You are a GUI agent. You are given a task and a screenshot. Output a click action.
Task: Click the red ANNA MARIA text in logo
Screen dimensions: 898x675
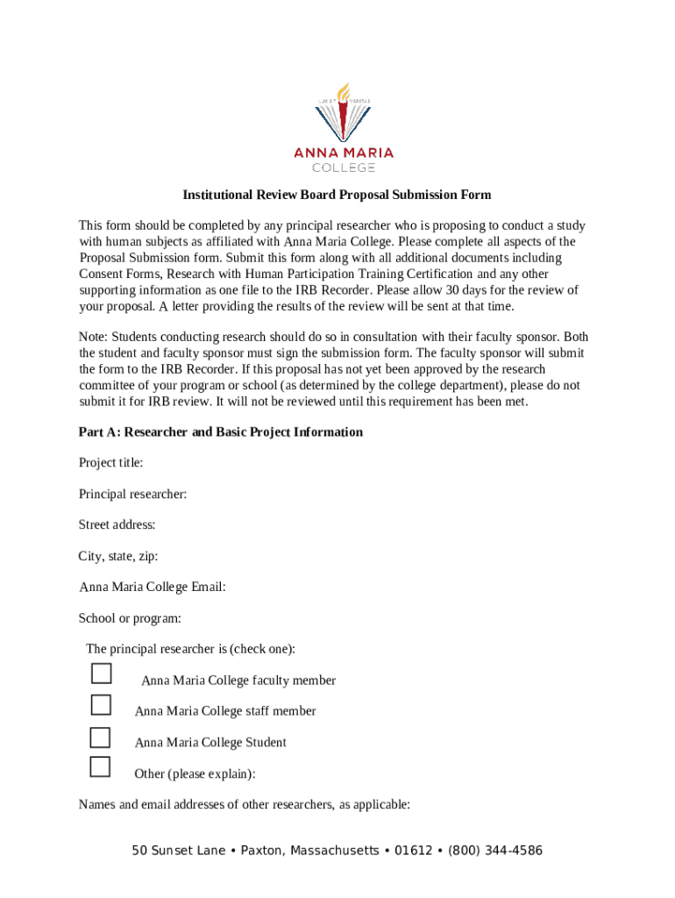tap(344, 153)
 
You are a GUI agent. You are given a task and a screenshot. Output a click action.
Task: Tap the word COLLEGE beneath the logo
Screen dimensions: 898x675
tap(344, 167)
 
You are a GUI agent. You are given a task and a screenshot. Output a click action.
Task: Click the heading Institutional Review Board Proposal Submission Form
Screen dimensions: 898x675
tap(337, 195)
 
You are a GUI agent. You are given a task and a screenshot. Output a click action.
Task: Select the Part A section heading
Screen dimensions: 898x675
tap(220, 432)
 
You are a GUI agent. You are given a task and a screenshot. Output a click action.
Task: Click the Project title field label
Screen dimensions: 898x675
tap(110, 463)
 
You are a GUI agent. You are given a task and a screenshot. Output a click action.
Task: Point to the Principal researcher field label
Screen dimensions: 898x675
tap(132, 495)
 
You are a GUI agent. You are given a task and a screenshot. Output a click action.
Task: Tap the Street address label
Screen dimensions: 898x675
tap(117, 525)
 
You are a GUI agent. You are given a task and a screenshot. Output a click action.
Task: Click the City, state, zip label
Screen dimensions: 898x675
tap(118, 556)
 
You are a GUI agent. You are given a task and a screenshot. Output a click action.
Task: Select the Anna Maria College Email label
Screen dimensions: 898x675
tap(153, 588)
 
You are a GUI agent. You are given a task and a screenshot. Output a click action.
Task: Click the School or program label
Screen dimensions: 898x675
tap(130, 618)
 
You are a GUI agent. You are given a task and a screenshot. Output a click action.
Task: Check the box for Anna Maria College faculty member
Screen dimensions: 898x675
tap(102, 673)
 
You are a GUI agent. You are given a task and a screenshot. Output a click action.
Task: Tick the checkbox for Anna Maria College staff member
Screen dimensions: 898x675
tap(102, 704)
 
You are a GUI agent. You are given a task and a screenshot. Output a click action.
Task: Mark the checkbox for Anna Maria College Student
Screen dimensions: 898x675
tap(102, 736)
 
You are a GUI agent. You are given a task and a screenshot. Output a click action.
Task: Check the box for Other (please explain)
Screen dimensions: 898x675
tap(102, 766)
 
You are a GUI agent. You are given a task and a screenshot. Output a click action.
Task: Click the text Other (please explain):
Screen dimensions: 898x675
tap(195, 773)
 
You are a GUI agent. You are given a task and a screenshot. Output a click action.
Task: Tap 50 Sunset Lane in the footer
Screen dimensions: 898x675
tap(180, 851)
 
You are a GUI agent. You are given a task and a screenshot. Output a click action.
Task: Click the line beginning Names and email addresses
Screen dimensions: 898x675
tap(244, 805)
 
